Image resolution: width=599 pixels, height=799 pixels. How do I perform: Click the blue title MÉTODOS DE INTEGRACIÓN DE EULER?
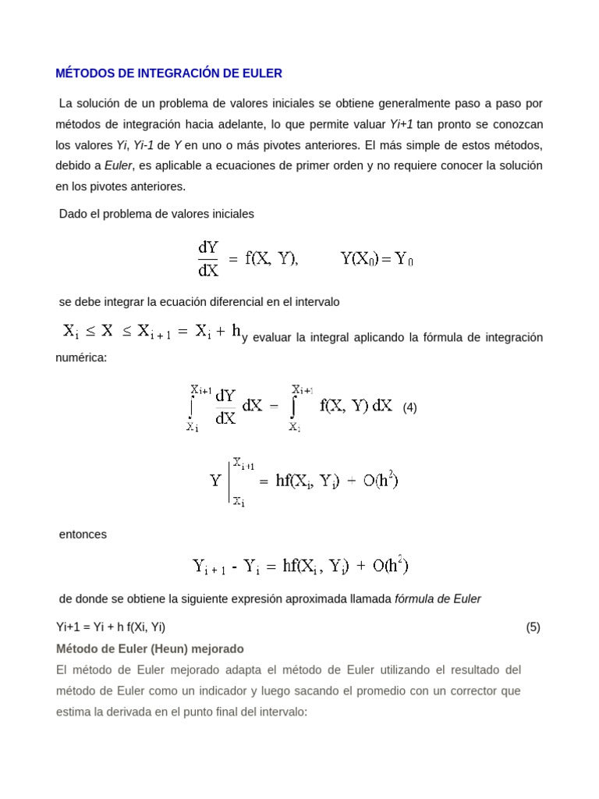(x=169, y=73)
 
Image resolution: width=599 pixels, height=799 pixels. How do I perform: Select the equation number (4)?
(x=409, y=407)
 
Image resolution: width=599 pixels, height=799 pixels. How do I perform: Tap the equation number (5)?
(x=533, y=627)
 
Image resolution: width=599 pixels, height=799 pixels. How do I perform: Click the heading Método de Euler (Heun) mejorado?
(x=151, y=648)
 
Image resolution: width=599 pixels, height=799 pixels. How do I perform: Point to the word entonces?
(x=83, y=534)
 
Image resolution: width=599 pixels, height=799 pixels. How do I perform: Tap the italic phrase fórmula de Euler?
(x=438, y=598)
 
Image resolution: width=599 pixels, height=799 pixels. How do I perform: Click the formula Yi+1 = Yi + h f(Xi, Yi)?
(x=111, y=627)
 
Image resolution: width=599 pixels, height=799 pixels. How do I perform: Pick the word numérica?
(x=80, y=358)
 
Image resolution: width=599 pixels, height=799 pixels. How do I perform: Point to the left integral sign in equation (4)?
(x=191, y=407)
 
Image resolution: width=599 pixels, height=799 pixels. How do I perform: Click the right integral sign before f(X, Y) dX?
(x=294, y=407)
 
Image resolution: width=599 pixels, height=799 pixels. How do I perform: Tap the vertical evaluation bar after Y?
(x=229, y=481)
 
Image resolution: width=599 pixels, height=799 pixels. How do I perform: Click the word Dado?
(x=73, y=213)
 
